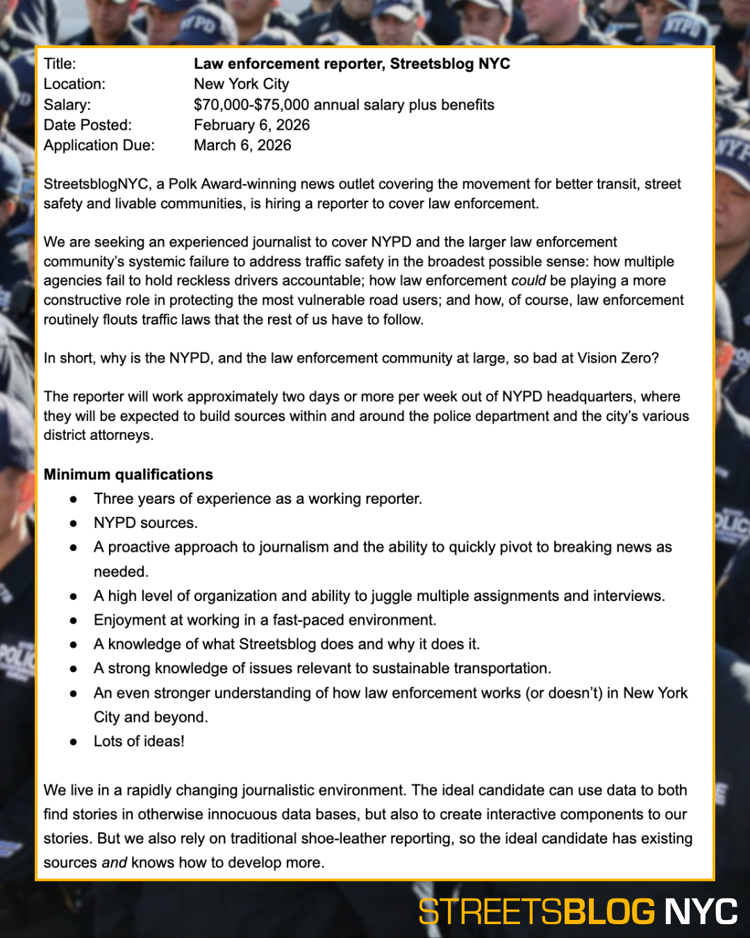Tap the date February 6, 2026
click(x=251, y=125)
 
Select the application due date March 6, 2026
click(x=242, y=145)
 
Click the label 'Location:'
click(x=74, y=84)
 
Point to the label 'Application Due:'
click(x=99, y=145)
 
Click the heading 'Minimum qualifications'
click(x=128, y=475)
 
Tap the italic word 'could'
click(x=528, y=281)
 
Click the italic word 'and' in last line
click(x=114, y=863)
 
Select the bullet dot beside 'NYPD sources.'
click(x=73, y=523)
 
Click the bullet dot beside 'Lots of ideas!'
click(x=73, y=742)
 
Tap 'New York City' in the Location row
click(x=241, y=84)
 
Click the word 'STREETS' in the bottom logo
click(x=490, y=912)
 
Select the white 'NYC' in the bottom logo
click(x=701, y=912)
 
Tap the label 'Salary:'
click(x=67, y=105)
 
